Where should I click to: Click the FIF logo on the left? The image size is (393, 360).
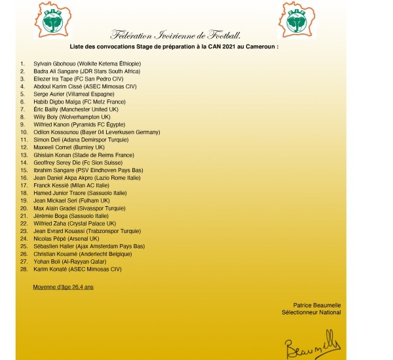pyautogui.click(x=54, y=20)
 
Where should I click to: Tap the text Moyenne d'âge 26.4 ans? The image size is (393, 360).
pyautogui.click(x=63, y=286)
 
